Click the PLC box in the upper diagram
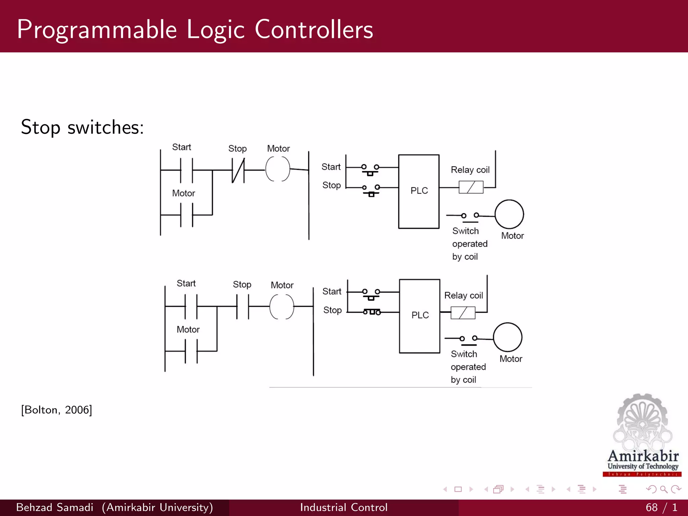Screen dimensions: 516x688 pos(419,191)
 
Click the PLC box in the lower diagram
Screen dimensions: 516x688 pos(420,316)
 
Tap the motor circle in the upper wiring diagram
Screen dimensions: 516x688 pos(509,214)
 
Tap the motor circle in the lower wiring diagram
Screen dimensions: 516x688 pos(507,337)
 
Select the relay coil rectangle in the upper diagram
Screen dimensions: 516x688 pos(471,187)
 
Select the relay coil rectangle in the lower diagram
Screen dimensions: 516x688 pos(463,313)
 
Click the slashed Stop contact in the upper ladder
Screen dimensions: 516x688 pos(238,170)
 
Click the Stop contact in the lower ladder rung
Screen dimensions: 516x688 pos(243,306)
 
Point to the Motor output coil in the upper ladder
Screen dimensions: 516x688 pos(277,169)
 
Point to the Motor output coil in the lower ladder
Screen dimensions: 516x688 pos(282,306)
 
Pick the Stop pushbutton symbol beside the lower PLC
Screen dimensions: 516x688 pos(372,312)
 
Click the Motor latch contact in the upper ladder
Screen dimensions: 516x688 pos(186,215)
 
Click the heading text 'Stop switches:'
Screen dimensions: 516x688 pos(82,127)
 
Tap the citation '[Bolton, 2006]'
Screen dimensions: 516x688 pos(56,410)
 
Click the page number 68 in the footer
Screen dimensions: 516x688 pos(651,507)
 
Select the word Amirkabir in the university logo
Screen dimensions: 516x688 pos(643,456)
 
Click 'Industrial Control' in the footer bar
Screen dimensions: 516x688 pos(344,507)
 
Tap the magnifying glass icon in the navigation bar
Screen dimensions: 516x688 pos(663,489)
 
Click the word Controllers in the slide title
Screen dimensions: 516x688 pos(314,30)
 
